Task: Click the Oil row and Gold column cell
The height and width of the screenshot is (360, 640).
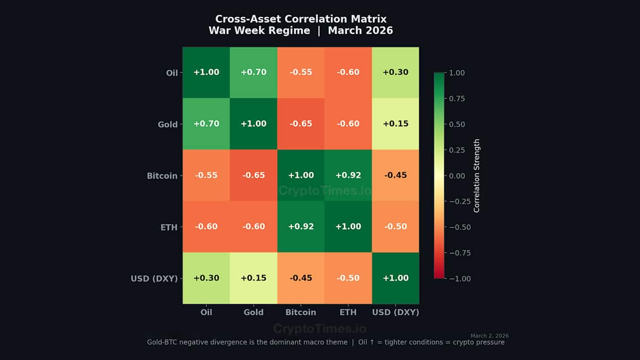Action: coord(253,73)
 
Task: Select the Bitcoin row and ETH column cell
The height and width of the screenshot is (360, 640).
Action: coord(348,175)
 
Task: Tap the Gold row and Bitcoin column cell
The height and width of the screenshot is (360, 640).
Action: coord(301,124)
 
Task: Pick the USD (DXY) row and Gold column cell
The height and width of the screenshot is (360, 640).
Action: coord(253,278)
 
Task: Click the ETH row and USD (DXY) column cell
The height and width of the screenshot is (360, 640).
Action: coord(395,227)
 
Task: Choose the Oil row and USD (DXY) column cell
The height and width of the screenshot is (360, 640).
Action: coord(395,73)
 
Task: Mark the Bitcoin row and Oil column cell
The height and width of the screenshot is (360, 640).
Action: coord(206,175)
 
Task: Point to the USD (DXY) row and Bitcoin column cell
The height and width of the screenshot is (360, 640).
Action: coord(301,278)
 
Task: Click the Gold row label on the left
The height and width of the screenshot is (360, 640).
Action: coord(167,124)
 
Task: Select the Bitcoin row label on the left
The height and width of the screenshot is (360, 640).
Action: coord(162,175)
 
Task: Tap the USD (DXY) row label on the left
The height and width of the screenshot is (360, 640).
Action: coord(154,278)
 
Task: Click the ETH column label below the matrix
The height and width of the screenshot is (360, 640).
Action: coord(348,313)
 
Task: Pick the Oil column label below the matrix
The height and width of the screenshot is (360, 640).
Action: coord(206,313)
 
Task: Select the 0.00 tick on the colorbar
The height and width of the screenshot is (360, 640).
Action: coord(457,175)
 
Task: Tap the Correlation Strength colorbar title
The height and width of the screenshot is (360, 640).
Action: coord(477,175)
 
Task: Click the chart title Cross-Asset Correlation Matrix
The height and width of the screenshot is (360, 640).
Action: coord(301,19)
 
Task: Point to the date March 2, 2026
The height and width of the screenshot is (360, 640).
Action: coord(490,335)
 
